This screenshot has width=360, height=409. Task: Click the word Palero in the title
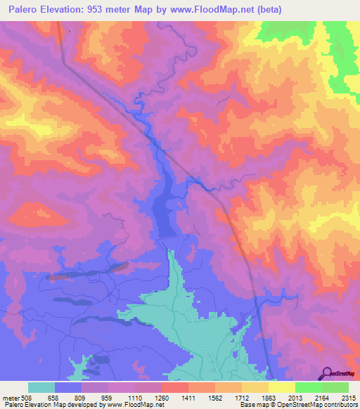click(27, 10)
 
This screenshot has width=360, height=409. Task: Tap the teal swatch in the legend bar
click(41, 387)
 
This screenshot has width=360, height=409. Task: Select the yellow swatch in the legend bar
click(281, 387)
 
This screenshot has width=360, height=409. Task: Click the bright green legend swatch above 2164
click(308, 387)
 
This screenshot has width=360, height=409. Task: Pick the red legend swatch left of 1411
click(174, 387)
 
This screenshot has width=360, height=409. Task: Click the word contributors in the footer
click(341, 405)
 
